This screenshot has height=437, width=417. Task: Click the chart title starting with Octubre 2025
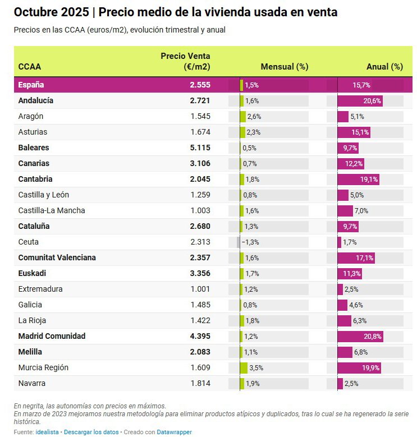(175, 12)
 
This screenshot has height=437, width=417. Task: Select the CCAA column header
(29, 67)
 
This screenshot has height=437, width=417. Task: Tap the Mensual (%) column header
(285, 67)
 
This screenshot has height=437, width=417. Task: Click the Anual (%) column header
(384, 67)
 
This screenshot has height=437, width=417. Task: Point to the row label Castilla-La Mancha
(52, 210)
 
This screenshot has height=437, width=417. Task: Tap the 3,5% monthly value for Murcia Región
(256, 367)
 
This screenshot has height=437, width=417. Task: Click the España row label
(31, 85)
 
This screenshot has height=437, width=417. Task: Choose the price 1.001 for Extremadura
(200, 289)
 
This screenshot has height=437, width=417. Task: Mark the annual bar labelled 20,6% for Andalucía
(360, 100)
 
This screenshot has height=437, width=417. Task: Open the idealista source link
(48, 432)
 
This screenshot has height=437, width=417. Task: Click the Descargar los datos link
(91, 432)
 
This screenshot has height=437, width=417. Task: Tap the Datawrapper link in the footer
(174, 432)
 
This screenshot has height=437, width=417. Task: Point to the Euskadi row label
(32, 273)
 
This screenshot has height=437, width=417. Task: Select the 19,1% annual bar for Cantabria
(358, 179)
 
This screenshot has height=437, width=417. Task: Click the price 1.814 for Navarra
(200, 383)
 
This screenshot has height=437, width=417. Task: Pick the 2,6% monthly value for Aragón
(254, 116)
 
